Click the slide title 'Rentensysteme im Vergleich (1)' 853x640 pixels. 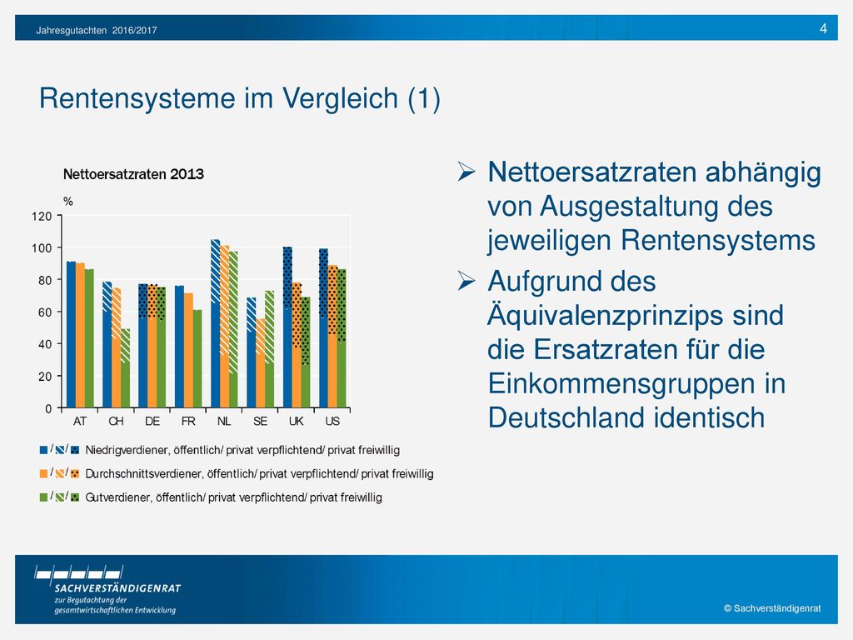(239, 98)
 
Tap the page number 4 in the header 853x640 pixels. (823, 28)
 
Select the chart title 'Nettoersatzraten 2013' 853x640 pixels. (133, 174)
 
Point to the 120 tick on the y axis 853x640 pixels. (42, 216)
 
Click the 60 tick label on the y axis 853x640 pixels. (45, 312)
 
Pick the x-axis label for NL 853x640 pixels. (224, 421)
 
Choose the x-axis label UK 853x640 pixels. (296, 421)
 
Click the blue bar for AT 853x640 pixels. (71, 335)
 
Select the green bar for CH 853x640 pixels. (125, 368)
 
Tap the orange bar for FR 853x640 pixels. (188, 351)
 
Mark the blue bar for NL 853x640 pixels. (216, 324)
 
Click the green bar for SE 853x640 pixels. (269, 349)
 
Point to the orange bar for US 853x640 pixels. (332, 337)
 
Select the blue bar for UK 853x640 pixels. (287, 327)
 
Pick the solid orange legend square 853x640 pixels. (43, 473)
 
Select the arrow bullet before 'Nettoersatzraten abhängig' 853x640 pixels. (466, 172)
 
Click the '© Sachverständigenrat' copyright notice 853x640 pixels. (772, 608)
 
